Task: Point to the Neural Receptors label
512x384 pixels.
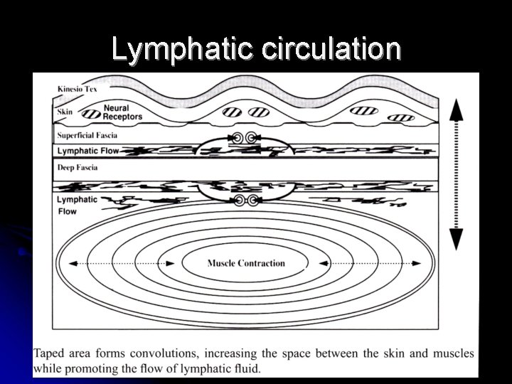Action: coord(122,112)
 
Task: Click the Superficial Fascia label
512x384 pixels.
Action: coord(87,135)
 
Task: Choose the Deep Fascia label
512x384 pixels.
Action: coord(78,168)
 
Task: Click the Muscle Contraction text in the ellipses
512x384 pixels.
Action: coord(246,263)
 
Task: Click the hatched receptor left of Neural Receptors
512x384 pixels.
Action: coord(90,113)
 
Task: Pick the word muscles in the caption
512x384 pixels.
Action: coord(453,353)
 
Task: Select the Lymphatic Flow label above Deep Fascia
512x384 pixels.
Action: coord(88,151)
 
